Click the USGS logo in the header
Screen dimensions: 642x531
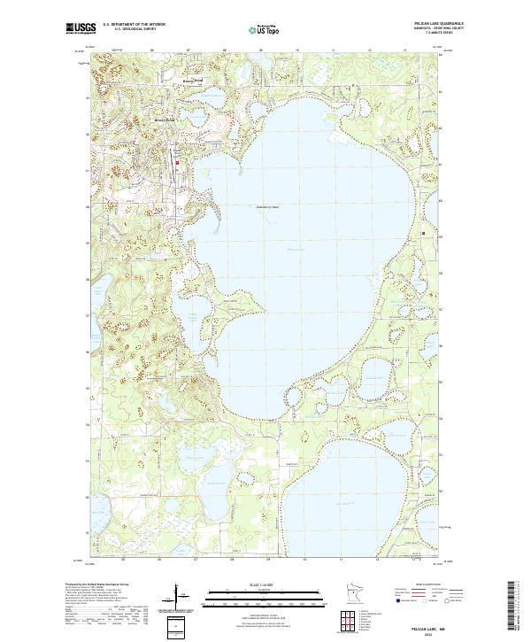pos(81,28)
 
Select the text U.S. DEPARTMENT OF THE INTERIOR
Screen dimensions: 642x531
pos(134,25)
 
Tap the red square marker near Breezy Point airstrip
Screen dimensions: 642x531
pos(177,163)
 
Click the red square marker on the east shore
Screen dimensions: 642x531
pos(424,234)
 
